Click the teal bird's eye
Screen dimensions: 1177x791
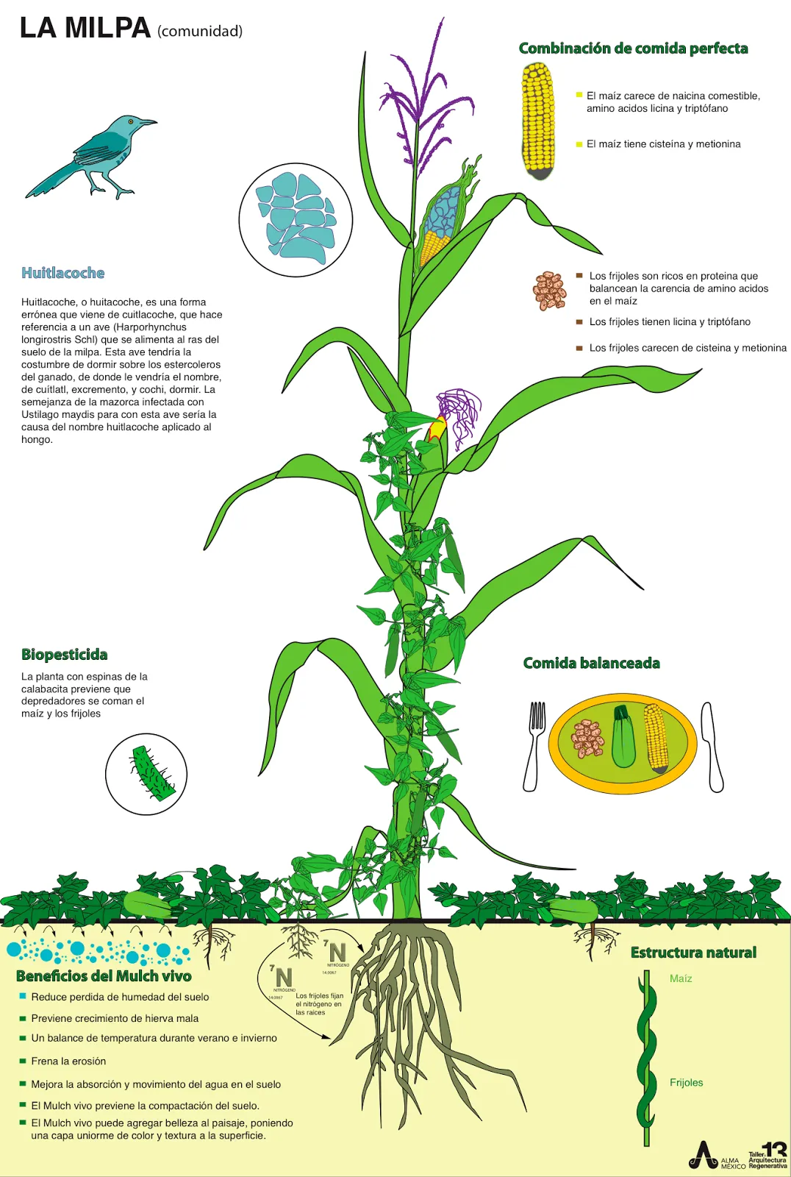point(131,121)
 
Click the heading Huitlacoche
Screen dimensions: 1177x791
point(62,273)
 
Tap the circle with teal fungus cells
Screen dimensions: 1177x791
point(296,220)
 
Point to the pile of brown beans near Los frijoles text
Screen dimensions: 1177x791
point(550,291)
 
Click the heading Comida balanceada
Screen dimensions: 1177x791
point(591,663)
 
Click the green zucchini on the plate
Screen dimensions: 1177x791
point(623,736)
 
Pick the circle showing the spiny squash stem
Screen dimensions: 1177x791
point(146,774)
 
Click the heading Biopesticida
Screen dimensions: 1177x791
point(65,655)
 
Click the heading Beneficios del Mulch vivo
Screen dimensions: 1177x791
point(104,976)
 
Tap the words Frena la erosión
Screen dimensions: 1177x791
point(68,1061)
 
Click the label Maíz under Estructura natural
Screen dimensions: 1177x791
point(681,978)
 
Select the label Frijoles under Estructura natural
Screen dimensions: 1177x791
point(686,1082)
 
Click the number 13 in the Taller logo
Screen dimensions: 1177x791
point(775,1150)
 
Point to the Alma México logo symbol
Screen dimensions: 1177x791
point(704,1155)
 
